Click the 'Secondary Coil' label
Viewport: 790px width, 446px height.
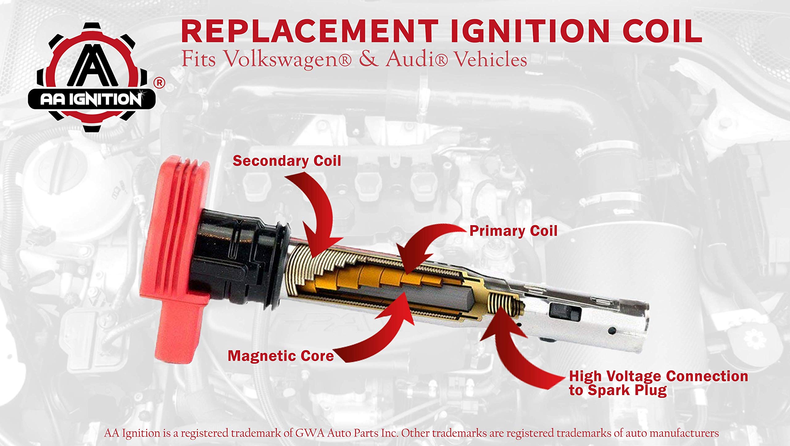click(287, 161)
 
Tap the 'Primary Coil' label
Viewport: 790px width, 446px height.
click(513, 231)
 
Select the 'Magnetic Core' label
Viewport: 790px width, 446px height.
click(281, 356)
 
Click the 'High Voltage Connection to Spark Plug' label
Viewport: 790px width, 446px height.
click(658, 383)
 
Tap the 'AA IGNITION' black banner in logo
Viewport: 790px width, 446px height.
click(92, 99)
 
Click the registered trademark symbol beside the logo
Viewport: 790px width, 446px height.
click(160, 83)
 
